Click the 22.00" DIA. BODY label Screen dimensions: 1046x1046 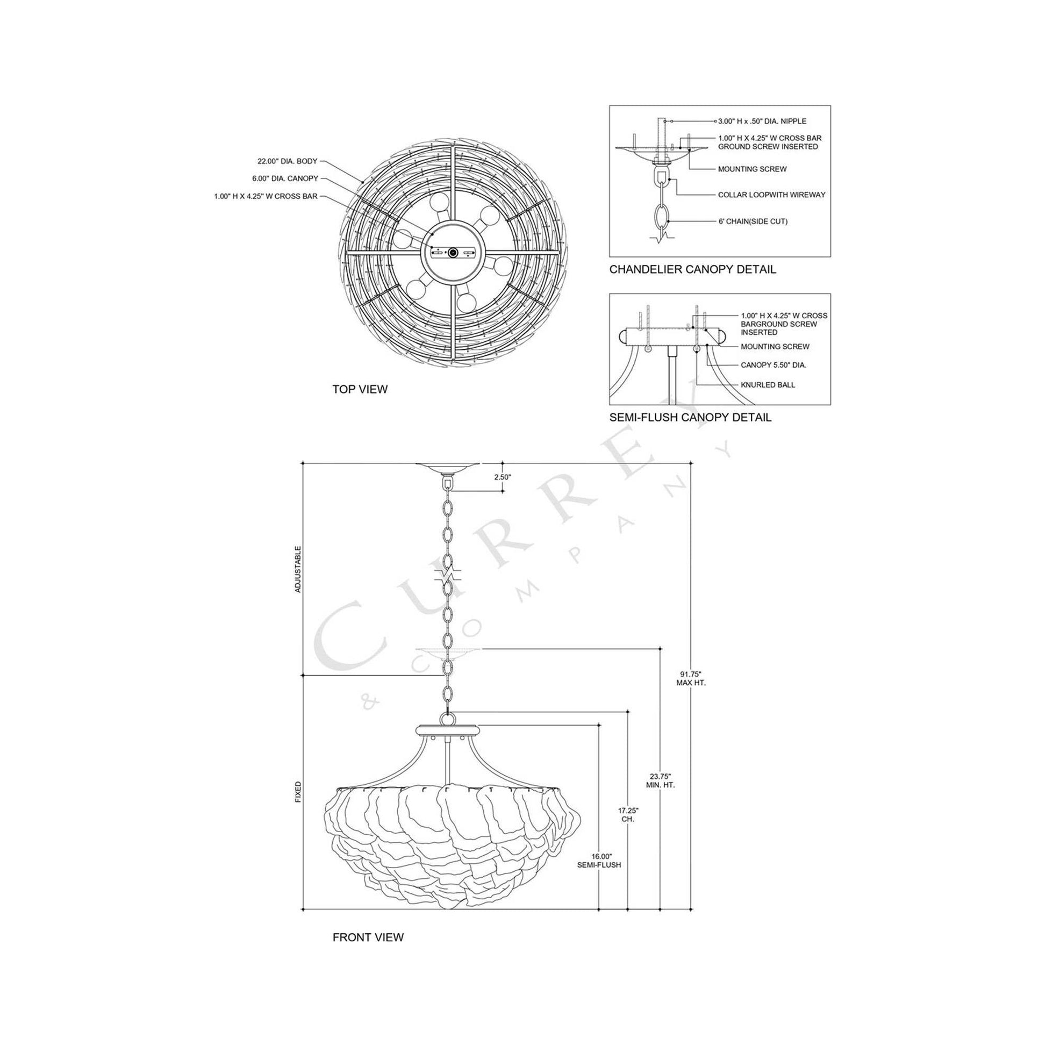coord(287,161)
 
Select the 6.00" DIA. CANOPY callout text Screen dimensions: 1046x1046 coord(285,178)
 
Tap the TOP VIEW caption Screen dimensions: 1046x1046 coord(360,389)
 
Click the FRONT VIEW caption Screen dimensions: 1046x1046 coord(368,937)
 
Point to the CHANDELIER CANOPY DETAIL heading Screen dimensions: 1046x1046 coord(692,269)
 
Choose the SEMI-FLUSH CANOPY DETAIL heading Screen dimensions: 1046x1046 coord(690,418)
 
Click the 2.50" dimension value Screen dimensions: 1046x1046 coord(503,477)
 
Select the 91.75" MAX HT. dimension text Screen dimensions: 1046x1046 coord(691,678)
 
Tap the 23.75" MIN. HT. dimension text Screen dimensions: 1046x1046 coord(661,780)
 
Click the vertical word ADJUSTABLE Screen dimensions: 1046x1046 coord(298,569)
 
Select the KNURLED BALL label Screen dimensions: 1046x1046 coord(768,385)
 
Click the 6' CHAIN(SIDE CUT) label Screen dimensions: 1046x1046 coord(753,221)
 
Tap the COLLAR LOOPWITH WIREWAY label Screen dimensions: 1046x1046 coord(771,195)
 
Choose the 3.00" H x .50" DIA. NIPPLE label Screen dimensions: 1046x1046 coord(762,121)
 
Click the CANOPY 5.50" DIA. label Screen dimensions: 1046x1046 coord(773,365)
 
